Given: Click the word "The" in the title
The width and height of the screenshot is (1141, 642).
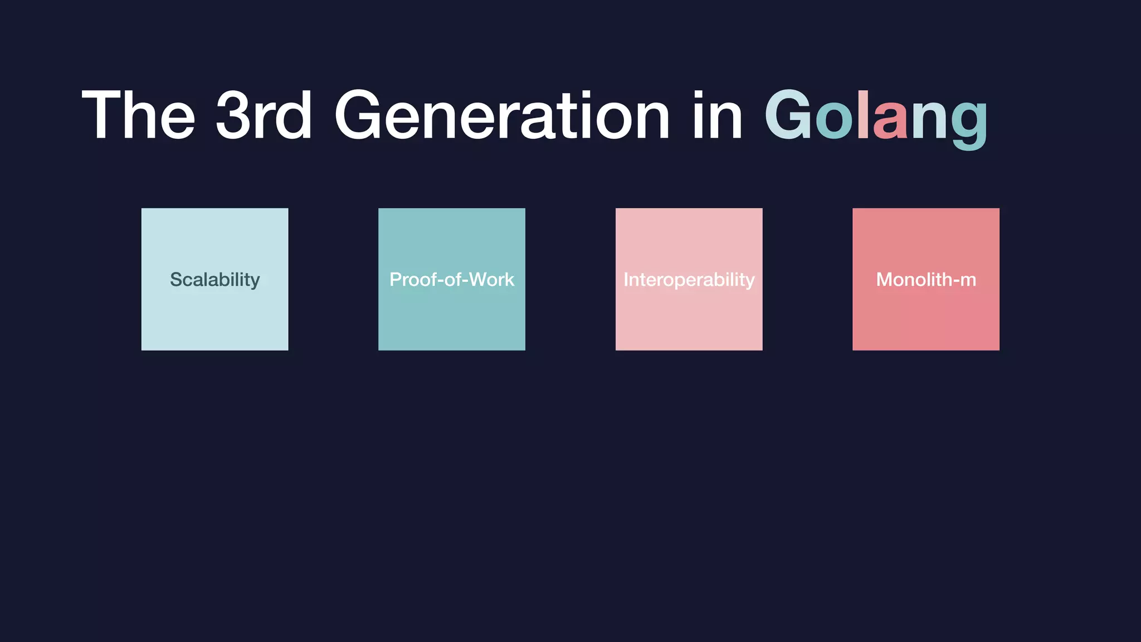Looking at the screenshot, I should pyautogui.click(x=139, y=115).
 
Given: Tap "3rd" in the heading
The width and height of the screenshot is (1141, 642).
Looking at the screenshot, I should pyautogui.click(x=264, y=115).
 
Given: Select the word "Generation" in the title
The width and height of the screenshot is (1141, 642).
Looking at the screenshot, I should pyautogui.click(x=501, y=115).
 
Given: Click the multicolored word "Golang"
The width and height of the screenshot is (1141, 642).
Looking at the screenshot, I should pyautogui.click(x=876, y=117).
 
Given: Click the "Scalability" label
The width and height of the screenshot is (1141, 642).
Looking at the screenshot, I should pyautogui.click(x=215, y=280).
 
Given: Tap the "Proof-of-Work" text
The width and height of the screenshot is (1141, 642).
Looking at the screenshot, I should pyautogui.click(x=452, y=280).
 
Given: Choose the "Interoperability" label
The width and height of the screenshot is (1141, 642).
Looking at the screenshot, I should pyautogui.click(x=689, y=280).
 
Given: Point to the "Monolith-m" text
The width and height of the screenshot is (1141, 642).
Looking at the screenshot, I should pyautogui.click(x=926, y=280).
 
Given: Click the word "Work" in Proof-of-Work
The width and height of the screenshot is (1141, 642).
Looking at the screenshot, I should pyautogui.click(x=492, y=280).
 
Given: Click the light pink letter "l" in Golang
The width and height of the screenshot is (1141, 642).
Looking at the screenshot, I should pyautogui.click(x=862, y=114).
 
